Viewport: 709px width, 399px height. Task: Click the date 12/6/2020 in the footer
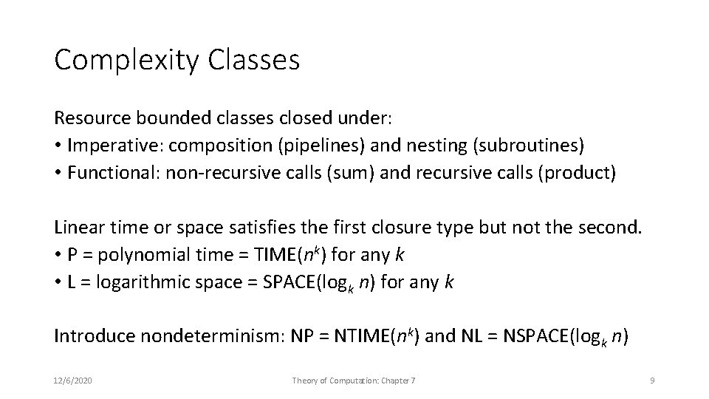[74, 380]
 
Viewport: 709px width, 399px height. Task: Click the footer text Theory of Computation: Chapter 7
[354, 380]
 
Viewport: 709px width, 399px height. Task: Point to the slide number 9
[652, 380]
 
